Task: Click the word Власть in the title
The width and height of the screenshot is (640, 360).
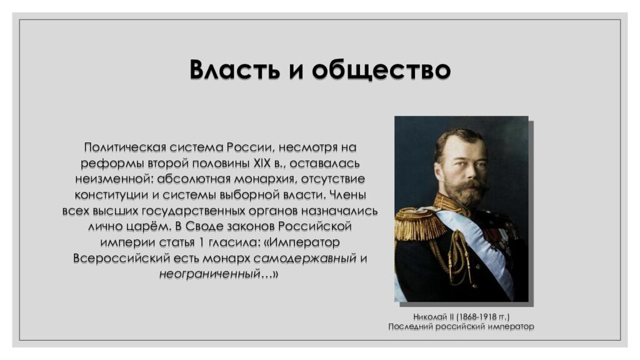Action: pos(231,69)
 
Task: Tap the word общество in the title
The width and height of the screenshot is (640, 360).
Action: pos(381,69)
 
